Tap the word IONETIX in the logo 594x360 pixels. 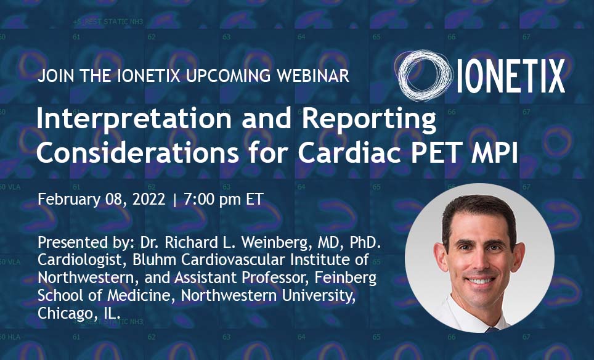(511, 76)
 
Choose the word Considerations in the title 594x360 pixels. (138, 152)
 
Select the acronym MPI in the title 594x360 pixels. (492, 153)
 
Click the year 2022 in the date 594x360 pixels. (149, 199)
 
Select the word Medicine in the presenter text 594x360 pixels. (138, 295)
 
